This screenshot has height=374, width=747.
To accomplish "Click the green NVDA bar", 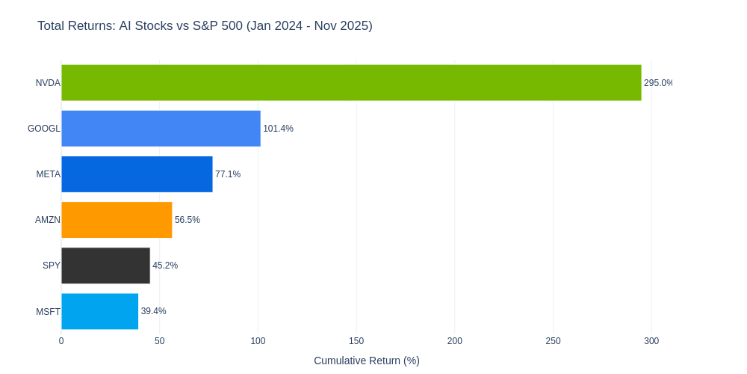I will point(351,83).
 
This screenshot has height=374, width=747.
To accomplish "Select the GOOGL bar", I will point(161,129).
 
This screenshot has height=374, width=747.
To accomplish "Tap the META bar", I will point(137,174).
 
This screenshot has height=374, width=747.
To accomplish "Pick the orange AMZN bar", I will point(117,220).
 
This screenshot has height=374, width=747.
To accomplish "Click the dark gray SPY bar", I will point(105,266).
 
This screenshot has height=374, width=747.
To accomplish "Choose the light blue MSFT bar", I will point(99,311).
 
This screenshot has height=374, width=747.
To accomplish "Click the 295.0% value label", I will point(658,83).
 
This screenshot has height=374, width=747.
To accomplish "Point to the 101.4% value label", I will point(278,129).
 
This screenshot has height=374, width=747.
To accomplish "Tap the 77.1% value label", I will point(228,174).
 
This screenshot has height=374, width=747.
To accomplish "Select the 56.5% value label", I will point(187,220).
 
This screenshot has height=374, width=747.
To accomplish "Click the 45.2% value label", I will point(165,266).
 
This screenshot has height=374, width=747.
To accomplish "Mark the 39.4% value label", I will point(154,311).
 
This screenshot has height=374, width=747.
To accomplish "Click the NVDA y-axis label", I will point(48,83).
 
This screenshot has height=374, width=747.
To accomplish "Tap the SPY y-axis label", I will point(52,266).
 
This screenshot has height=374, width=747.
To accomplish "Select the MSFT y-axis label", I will point(48,312).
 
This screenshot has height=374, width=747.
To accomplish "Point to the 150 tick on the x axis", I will point(356,341).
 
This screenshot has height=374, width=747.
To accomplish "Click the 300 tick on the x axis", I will point(651,341).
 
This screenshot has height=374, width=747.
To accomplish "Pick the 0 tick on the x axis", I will point(61,341).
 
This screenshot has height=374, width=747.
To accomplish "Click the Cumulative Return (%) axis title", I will point(367,361).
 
